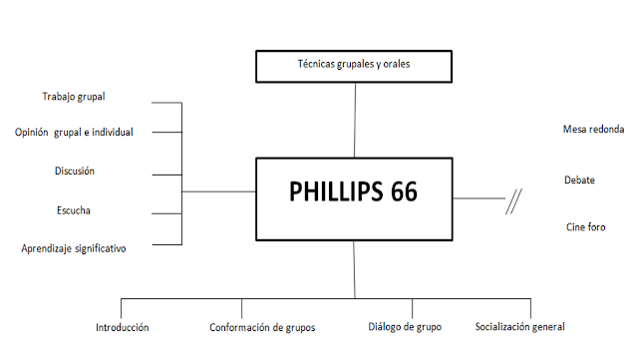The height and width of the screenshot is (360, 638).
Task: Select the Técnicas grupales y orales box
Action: pos(355,66)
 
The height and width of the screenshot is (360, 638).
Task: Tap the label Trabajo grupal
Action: pos(74,97)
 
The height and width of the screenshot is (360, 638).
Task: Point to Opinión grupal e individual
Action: pos(75,133)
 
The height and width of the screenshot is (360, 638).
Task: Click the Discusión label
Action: pos(75,171)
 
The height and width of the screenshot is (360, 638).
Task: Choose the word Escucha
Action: pos(75,209)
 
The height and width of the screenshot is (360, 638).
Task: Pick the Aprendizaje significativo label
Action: pos(74,247)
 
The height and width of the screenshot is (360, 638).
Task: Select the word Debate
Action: pos(579,180)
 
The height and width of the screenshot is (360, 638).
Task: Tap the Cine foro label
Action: pos(585,227)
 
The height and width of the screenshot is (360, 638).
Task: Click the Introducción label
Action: pos(123,327)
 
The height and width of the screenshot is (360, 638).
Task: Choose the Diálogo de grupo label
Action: pos(405,327)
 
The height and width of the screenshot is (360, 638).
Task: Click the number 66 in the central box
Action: pos(398,193)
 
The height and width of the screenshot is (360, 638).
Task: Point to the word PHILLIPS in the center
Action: pos(332,193)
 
